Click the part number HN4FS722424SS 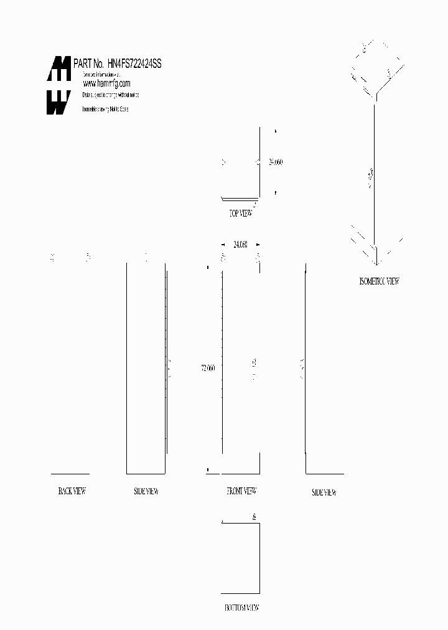coord(134,64)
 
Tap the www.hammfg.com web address coord(106,83)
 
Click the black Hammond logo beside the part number coord(59,85)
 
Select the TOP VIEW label coord(241,214)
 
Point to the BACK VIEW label coord(72,491)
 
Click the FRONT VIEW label coord(241,491)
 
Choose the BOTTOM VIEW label coord(241,608)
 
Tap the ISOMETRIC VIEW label coord(379,281)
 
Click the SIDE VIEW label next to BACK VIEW coord(146,492)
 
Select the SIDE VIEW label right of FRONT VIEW coord(324,492)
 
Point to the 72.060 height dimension coord(208,368)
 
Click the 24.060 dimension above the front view coord(240,245)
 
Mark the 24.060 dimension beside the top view coord(275,162)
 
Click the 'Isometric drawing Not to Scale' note coord(106,109)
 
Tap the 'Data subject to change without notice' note coord(111,95)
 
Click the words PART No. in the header coord(88,64)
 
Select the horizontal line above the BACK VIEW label coord(70,474)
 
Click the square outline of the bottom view coord(241,558)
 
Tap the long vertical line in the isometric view coord(373,174)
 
